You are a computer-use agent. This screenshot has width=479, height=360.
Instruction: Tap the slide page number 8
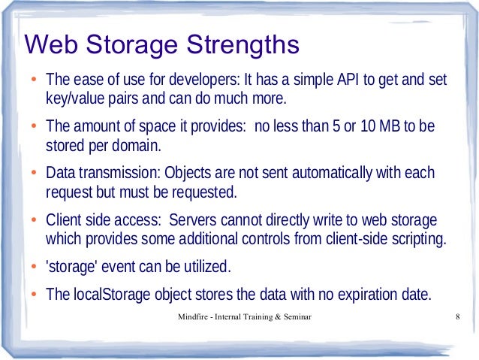(x=457, y=319)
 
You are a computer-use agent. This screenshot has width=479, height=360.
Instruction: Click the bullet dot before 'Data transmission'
(x=33, y=174)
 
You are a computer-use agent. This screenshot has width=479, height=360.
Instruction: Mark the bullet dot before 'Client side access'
(x=33, y=221)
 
